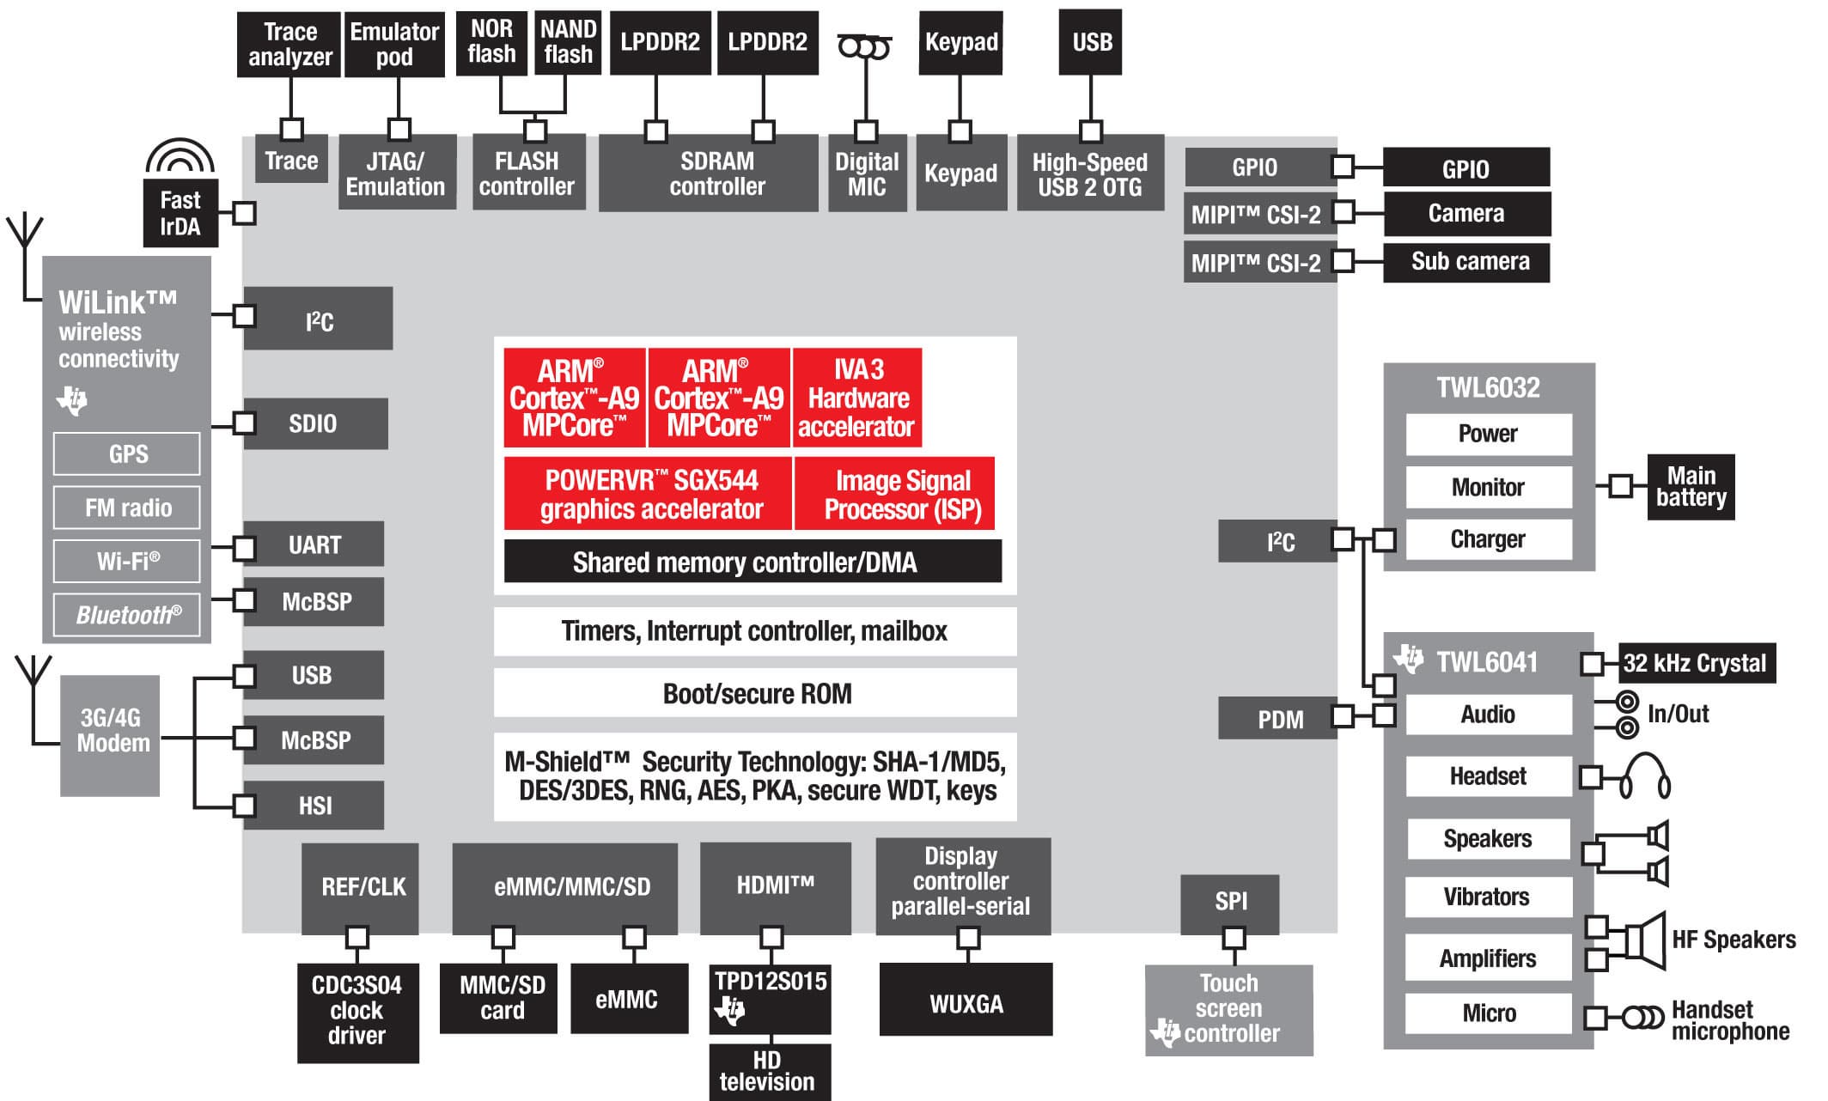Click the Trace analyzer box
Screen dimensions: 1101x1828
coord(289,45)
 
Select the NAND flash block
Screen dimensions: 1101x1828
coord(568,42)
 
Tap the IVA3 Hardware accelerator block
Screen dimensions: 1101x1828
coord(857,398)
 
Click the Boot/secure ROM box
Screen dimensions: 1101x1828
coord(755,693)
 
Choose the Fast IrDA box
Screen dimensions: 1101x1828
coord(180,213)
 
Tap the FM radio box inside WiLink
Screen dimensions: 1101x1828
coord(127,508)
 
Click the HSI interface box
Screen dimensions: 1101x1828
coord(314,806)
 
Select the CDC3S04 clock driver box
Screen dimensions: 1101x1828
coord(357,1011)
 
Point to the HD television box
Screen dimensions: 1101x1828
coord(769,1071)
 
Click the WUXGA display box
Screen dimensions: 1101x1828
coord(966,1001)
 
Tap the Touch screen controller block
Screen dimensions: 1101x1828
coord(1228,1009)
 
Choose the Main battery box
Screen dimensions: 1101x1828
coord(1691,487)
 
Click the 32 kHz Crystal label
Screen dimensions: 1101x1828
coord(1696,663)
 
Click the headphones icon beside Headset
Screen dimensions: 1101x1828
coord(1645,776)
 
